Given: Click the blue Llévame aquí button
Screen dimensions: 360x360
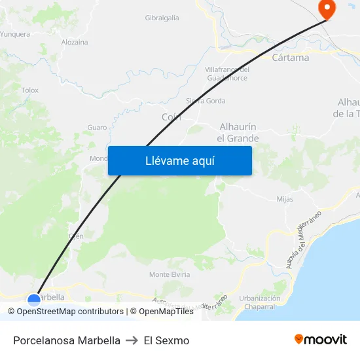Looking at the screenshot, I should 179,160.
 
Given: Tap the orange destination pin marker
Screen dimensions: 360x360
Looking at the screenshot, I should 326,9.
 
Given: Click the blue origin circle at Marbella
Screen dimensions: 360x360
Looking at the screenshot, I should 34,299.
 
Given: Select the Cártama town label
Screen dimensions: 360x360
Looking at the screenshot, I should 290,58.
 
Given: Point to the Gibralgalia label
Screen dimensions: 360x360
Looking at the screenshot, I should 162,18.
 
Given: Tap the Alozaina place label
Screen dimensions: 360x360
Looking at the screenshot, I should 75,42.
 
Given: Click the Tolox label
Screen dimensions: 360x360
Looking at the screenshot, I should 30,90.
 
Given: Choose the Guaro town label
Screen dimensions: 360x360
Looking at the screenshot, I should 97,128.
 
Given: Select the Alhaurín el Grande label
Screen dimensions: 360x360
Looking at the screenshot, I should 238,132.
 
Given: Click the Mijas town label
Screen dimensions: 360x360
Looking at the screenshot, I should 285,199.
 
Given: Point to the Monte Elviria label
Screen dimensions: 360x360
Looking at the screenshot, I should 170,274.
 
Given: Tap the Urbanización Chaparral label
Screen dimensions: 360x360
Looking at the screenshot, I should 260,302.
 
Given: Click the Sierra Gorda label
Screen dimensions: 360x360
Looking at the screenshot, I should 206,101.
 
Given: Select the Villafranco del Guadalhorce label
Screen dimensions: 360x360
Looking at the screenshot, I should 227,74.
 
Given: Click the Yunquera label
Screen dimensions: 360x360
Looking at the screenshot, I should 15,34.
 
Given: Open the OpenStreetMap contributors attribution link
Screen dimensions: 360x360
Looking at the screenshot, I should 70,312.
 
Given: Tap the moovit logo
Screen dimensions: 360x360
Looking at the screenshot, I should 321,340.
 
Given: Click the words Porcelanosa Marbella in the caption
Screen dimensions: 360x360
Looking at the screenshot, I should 67,340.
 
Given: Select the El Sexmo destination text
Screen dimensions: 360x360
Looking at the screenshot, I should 167,340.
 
